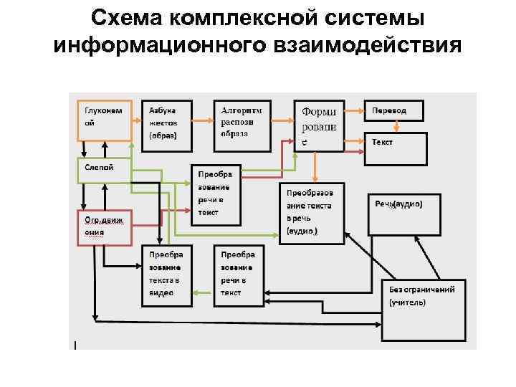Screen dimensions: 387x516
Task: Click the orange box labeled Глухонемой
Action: click(103, 120)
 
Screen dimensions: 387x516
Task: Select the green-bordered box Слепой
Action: click(103, 171)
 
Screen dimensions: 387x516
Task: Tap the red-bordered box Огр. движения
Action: click(103, 226)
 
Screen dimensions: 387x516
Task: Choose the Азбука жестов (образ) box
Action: click(166, 125)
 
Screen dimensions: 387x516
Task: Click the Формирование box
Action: click(320, 125)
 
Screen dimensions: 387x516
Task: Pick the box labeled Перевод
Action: click(395, 110)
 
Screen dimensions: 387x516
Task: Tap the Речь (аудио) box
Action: click(404, 214)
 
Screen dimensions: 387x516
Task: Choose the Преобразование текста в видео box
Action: click(166, 276)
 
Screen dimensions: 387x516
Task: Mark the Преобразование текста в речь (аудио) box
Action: click(312, 214)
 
